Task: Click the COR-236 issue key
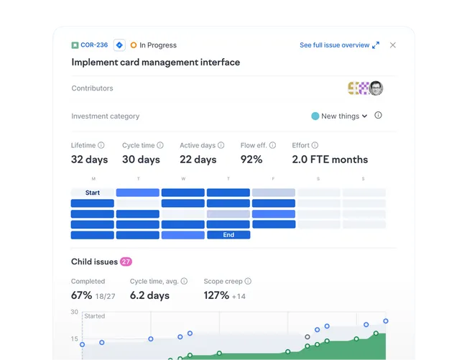[x=94, y=45]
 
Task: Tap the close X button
[x=393, y=45]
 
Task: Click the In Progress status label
[x=158, y=45]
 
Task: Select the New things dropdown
[x=339, y=116]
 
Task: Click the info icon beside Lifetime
[x=101, y=145]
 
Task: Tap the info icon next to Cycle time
[x=160, y=145]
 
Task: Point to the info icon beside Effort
[x=315, y=145]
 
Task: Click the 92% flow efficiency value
[x=251, y=160]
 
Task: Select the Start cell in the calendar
[x=93, y=193]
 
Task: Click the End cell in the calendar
[x=228, y=235]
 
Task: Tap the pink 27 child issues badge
[x=126, y=262]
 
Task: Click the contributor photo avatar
[x=376, y=88]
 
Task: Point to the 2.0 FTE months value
[x=330, y=160]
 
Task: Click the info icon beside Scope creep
[x=248, y=281]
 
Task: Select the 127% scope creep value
[x=216, y=295]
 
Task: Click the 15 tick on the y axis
[x=74, y=339]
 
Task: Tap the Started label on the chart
[x=94, y=316]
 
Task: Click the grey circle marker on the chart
[x=308, y=337]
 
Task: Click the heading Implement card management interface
[x=156, y=63]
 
